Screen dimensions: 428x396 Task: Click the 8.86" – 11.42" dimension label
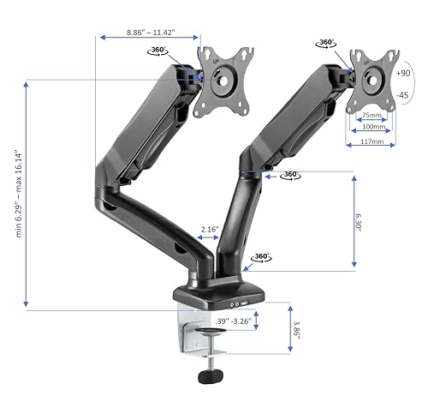(x=151, y=33)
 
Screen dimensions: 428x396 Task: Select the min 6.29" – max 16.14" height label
(x=19, y=194)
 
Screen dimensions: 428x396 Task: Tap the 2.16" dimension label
(x=210, y=229)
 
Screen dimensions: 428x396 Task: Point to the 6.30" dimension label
(x=358, y=222)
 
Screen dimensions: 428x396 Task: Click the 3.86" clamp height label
(x=297, y=330)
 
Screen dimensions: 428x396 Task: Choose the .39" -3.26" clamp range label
(x=233, y=321)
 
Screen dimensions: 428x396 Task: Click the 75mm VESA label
(x=372, y=115)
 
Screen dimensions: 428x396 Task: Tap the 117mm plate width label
(x=372, y=141)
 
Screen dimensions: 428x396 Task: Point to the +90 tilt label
(x=403, y=73)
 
